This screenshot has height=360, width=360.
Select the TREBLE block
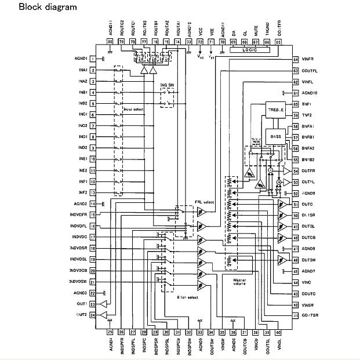click(x=274, y=110)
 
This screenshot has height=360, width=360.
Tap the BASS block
click(x=275, y=136)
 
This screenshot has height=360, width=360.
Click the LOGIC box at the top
click(x=251, y=50)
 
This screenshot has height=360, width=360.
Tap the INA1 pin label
click(x=81, y=70)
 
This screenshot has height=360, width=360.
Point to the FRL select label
click(x=204, y=202)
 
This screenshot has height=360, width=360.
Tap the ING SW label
click(x=167, y=85)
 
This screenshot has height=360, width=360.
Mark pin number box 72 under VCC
click(x=200, y=42)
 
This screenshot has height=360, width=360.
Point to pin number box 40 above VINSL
click(x=278, y=332)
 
